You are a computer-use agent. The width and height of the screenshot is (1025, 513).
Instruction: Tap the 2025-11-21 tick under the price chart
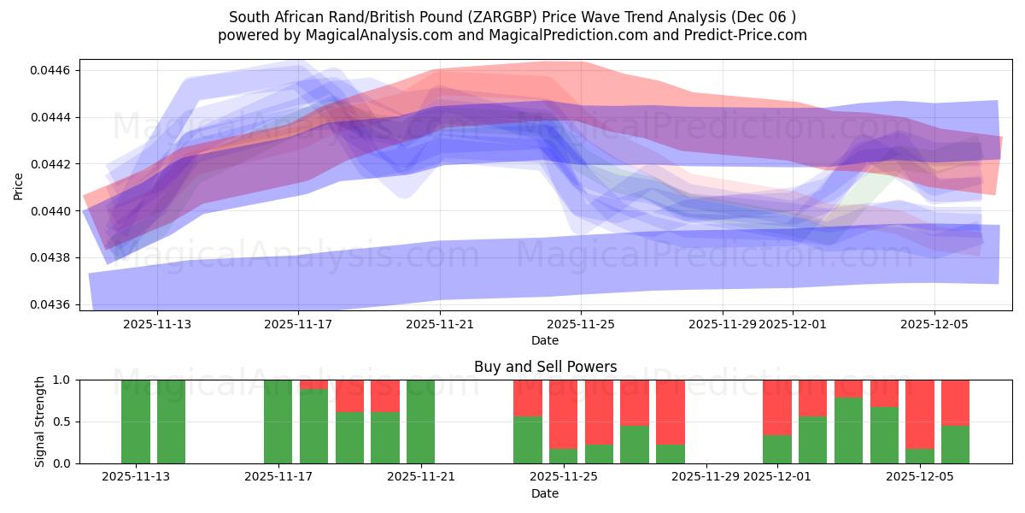439,325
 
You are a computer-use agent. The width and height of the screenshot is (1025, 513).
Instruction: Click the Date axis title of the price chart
545,340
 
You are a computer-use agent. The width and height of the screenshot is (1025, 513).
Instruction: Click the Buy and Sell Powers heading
545,367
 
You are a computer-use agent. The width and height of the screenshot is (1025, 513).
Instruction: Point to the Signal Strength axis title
40,422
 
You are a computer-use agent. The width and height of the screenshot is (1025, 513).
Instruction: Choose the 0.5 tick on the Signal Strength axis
61,422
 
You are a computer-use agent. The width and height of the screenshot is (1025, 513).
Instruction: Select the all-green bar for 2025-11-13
136,422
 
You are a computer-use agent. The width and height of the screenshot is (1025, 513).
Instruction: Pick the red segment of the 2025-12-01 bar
777,407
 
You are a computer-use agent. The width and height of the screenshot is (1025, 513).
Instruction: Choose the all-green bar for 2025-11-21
421,422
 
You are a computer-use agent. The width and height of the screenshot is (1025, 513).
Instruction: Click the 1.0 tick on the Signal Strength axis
61,380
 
